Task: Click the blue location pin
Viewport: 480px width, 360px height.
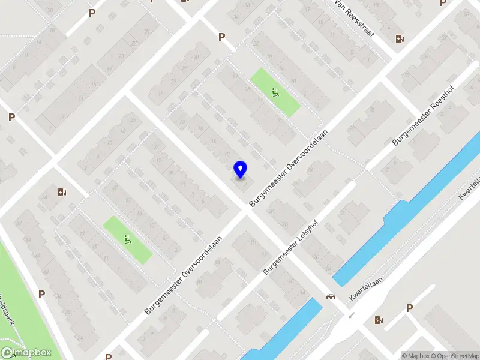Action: coord(240,170)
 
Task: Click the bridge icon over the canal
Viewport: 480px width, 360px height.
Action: coord(330,296)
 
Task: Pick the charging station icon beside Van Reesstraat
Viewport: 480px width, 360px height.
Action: coord(400,40)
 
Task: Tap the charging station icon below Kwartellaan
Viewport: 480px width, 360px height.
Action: coord(379,320)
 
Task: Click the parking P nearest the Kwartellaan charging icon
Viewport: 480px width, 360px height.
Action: coord(409,308)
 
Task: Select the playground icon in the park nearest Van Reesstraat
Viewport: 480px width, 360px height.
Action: coord(275,92)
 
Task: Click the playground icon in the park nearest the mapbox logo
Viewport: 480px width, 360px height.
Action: coord(127,240)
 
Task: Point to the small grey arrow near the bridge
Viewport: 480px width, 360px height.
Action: coord(351,314)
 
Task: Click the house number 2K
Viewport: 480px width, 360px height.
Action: coord(271,211)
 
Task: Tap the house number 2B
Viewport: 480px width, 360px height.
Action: coord(284,224)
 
